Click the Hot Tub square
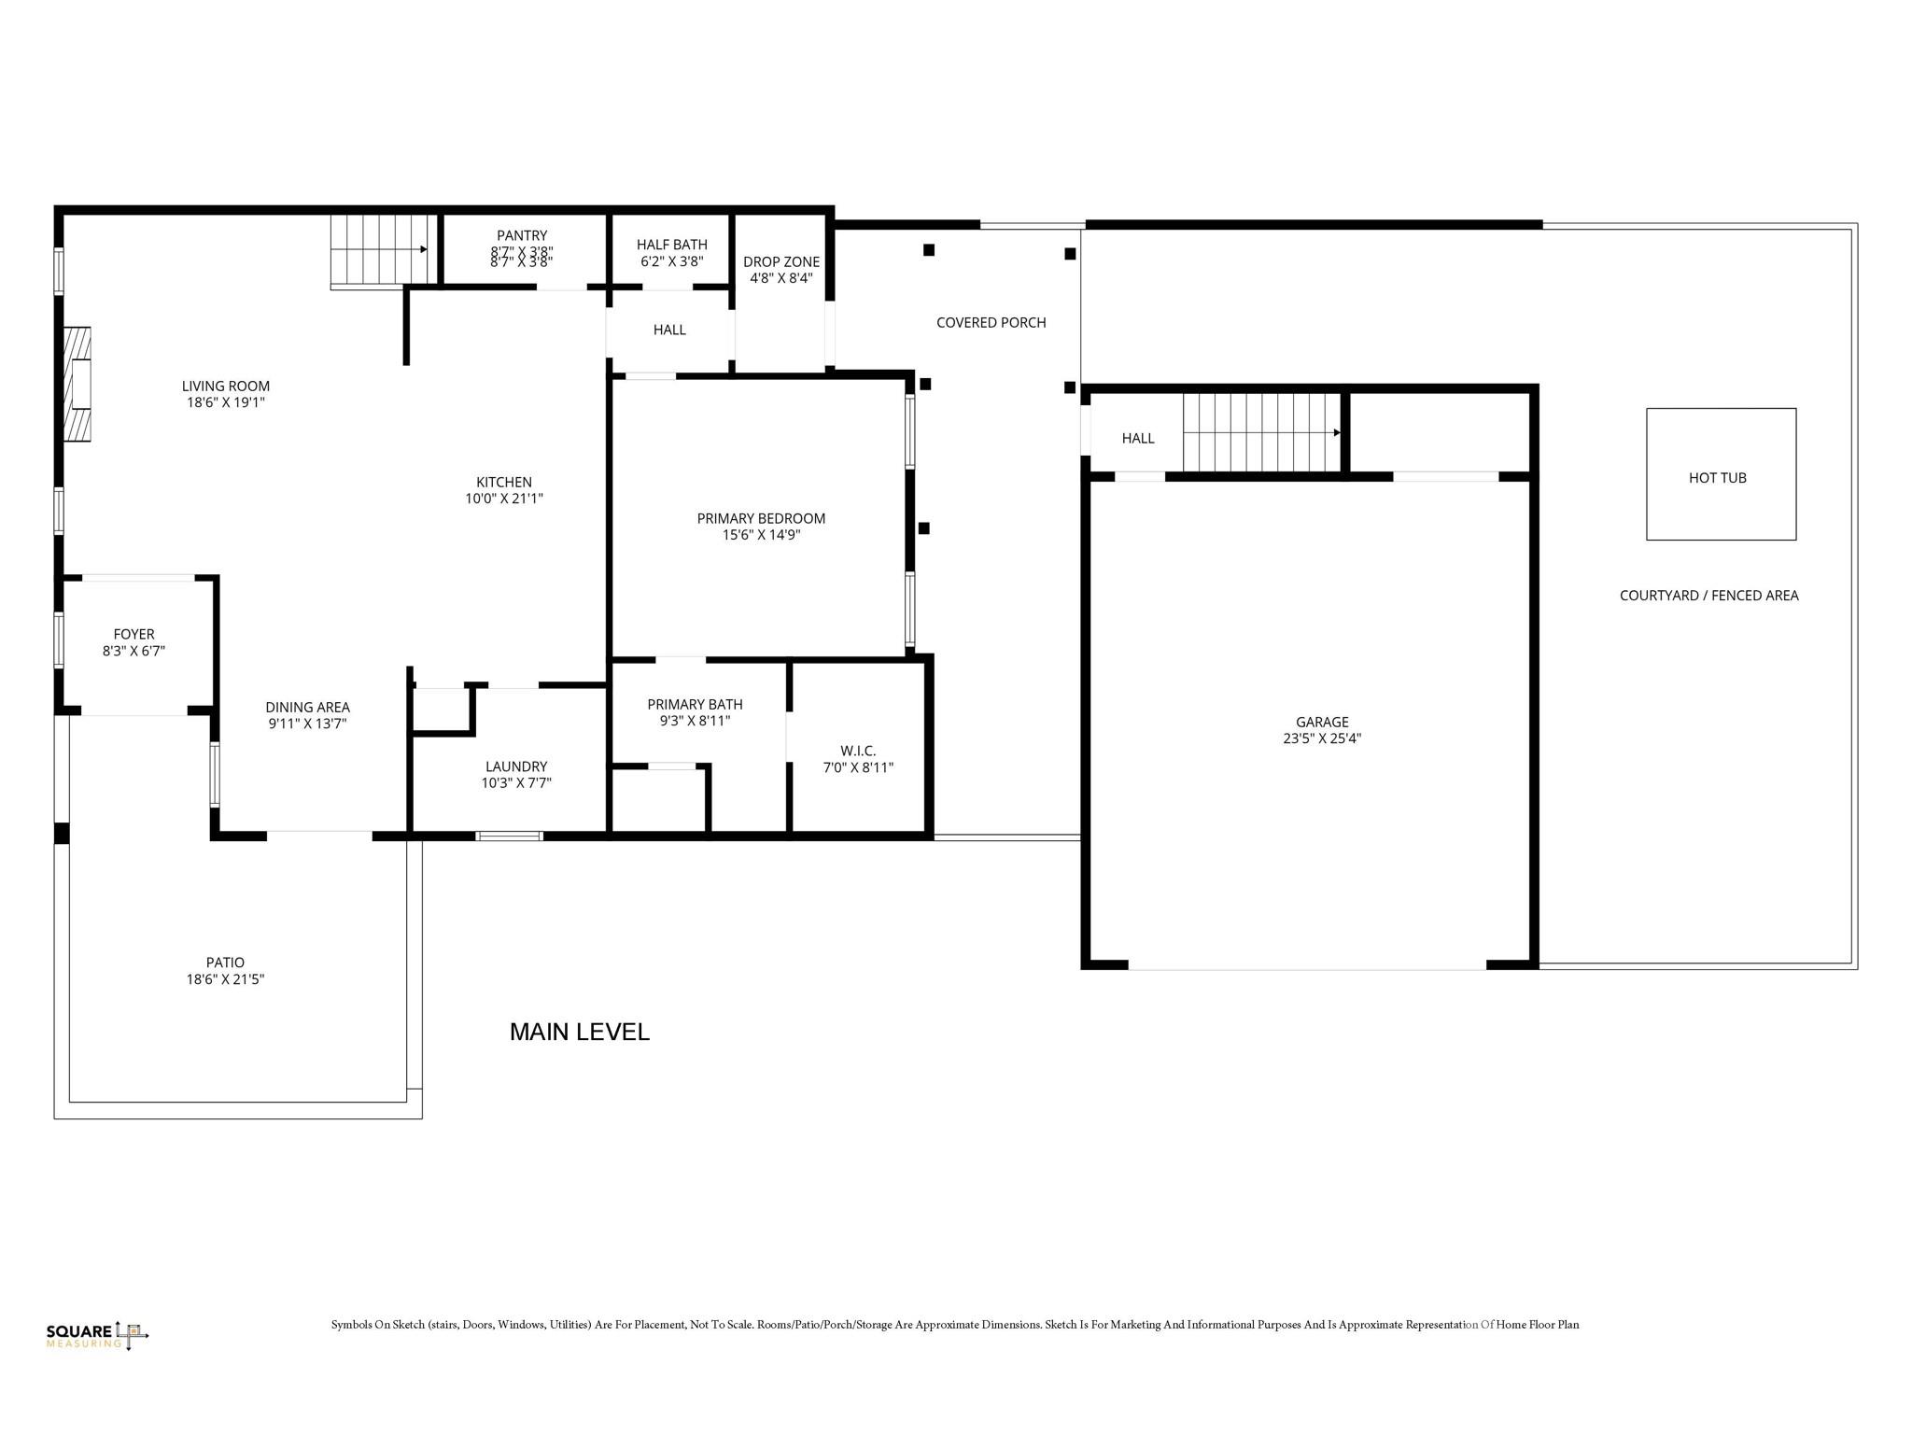click(x=1720, y=474)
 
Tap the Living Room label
click(x=226, y=386)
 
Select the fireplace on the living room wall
click(x=78, y=383)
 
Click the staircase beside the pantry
click(x=383, y=249)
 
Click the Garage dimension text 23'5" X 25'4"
click(x=1321, y=738)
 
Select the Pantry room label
click(x=522, y=235)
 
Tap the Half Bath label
click(x=671, y=245)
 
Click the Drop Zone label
click(x=781, y=261)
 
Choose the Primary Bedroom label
click(x=761, y=518)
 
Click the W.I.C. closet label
click(x=857, y=751)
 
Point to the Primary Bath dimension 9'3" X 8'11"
click(x=695, y=721)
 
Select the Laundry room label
click(x=515, y=766)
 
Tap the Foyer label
click(x=134, y=634)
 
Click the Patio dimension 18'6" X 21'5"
click(x=225, y=979)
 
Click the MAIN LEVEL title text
click(x=579, y=1032)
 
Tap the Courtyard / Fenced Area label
click(x=1708, y=596)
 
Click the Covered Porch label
click(x=991, y=322)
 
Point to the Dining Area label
click(x=307, y=707)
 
